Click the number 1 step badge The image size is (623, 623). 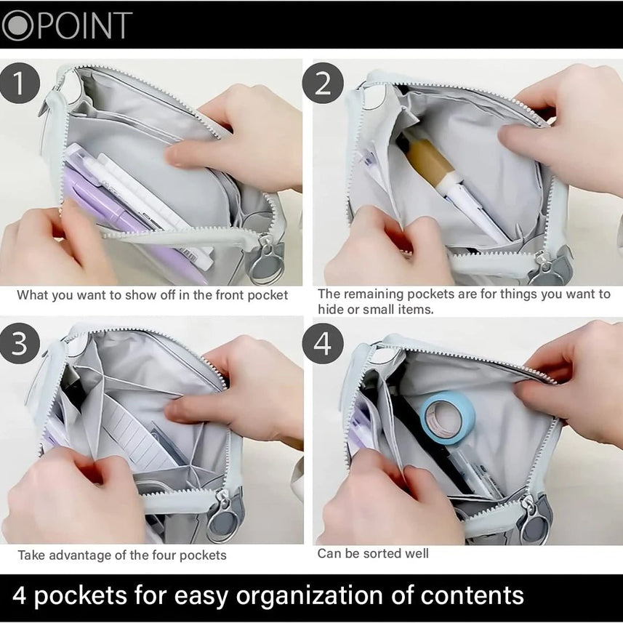coord(20,83)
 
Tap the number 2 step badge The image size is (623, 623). coord(323,83)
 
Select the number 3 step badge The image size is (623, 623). coord(20,343)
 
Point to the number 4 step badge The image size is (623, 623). coord(323,343)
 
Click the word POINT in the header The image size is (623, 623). coord(85,25)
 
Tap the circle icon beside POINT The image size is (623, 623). coord(18,25)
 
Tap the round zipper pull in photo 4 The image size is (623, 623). coord(535,523)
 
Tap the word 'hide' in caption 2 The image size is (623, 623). coord(331,309)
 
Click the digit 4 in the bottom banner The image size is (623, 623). coord(20,595)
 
